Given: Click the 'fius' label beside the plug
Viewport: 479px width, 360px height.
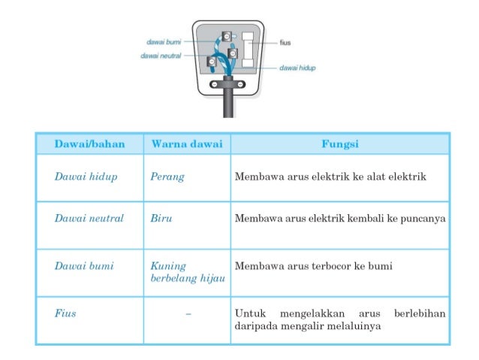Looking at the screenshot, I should pos(285,42).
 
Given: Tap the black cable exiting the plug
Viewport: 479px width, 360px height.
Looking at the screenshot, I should pos(227,105).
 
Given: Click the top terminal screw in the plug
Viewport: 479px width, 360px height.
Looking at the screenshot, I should pos(226,36).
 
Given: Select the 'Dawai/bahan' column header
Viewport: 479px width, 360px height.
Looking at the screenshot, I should pos(89,143).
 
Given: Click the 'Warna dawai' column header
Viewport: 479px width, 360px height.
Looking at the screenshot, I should pos(187,143).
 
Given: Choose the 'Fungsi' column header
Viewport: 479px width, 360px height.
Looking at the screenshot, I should pos(339,143).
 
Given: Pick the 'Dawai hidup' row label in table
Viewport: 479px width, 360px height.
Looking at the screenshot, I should pos(80,177).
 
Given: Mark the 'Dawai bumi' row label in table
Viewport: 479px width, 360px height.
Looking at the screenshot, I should pos(79,266).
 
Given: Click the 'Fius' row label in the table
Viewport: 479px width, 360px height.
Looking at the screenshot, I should pos(65,313).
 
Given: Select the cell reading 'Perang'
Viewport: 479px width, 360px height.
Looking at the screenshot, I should pos(167,177).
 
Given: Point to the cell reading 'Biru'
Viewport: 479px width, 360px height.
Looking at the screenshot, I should pos(161,219).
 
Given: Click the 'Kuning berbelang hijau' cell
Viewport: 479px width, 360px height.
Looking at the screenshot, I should pos(187,272).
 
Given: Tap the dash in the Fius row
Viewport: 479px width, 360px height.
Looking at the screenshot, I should pos(187,313).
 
